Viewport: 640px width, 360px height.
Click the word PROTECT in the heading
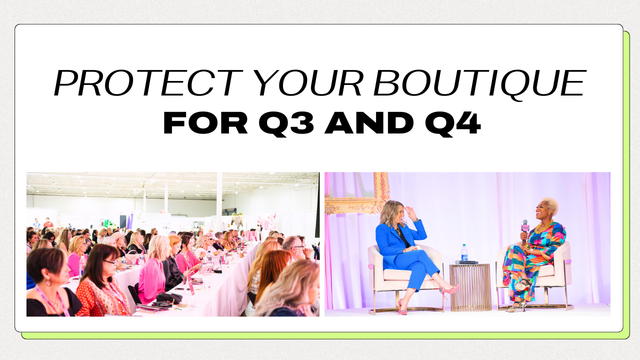click(148, 83)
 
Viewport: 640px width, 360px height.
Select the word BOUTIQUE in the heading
click(480, 84)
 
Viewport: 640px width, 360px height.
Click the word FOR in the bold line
click(205, 123)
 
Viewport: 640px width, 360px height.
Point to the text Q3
click(286, 124)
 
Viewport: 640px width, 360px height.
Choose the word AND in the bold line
click(369, 123)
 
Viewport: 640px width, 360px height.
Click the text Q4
click(453, 124)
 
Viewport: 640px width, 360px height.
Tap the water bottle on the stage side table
click(464, 252)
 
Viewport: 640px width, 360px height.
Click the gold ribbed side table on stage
click(470, 287)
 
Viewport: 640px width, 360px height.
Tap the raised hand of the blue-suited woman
click(411, 213)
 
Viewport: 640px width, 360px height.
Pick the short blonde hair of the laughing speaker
click(550, 204)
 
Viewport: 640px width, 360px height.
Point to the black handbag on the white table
click(169, 298)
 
